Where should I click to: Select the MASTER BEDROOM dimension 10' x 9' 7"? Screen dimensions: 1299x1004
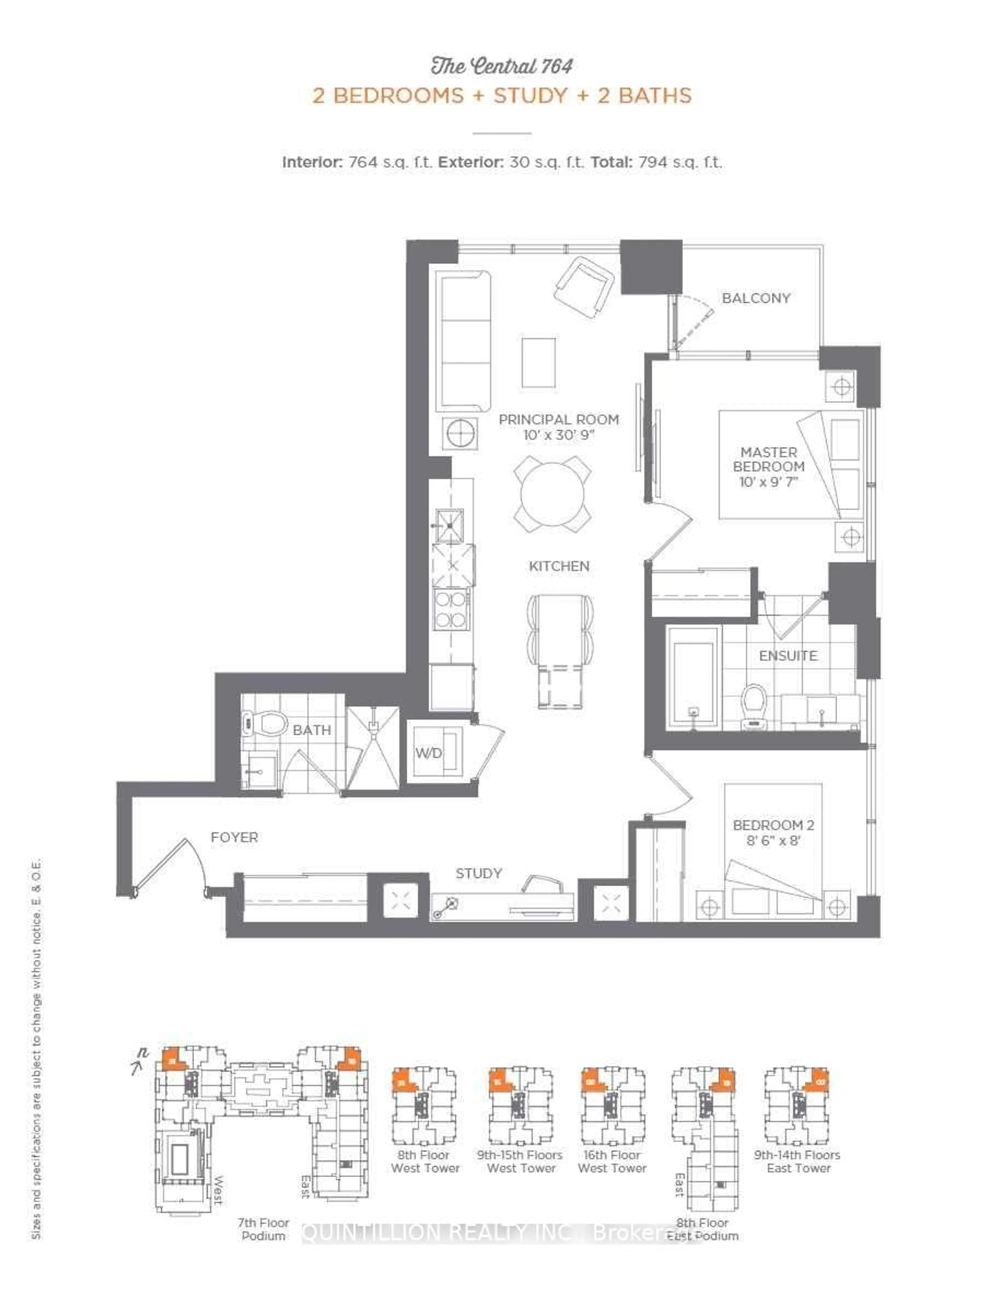pos(768,482)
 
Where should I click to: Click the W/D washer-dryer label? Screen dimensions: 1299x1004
pos(428,753)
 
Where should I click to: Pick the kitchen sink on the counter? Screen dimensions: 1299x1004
pos(449,525)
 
